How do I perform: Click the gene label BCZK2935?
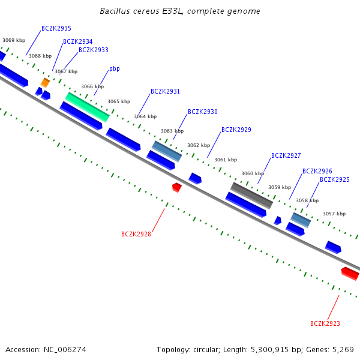(56, 28)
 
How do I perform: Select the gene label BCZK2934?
(78, 41)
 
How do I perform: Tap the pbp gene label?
(115, 69)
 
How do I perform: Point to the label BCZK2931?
(165, 91)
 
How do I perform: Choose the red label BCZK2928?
(136, 234)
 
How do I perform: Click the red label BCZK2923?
(325, 323)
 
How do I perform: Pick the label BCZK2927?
(286, 155)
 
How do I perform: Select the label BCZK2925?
(335, 179)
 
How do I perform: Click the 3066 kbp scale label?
(92, 86)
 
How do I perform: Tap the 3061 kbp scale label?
(226, 160)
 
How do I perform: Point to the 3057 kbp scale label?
(334, 214)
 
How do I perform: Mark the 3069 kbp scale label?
(14, 40)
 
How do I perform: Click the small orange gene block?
(45, 83)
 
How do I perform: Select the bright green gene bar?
(87, 107)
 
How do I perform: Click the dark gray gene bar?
(251, 196)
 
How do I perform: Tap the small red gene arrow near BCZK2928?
(177, 187)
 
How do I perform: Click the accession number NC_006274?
(65, 350)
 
